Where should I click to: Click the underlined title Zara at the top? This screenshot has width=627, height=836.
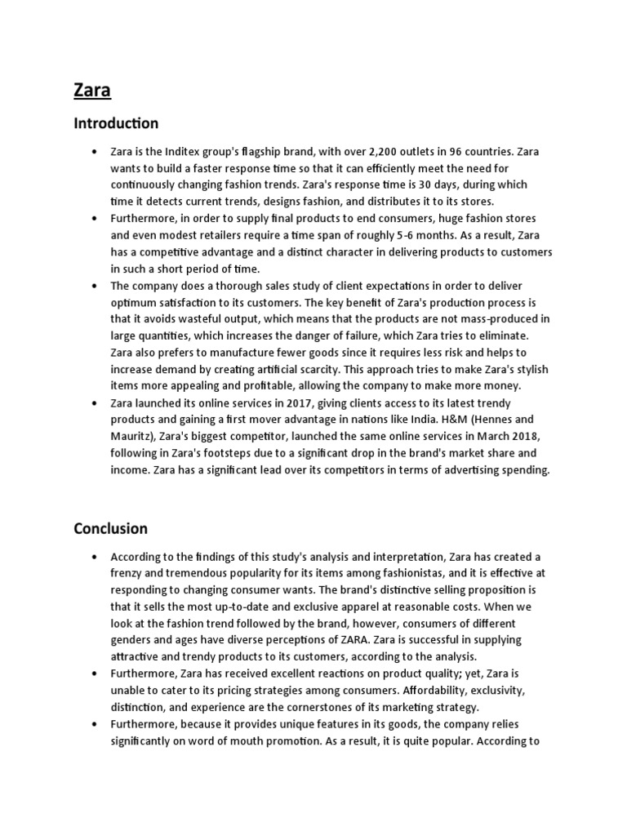point(92,90)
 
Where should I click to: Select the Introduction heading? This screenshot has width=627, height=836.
point(116,124)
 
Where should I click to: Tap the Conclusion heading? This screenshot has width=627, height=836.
point(110,528)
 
